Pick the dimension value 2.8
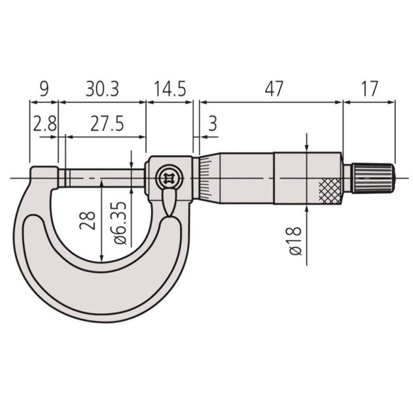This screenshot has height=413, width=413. click(45, 124)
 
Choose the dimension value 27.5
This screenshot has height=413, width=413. click(106, 124)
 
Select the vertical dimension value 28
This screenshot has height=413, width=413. click(89, 219)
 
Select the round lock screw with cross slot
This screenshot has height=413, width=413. click(168, 179)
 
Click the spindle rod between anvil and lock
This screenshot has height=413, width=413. click(103, 178)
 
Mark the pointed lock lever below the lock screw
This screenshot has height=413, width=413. click(168, 203)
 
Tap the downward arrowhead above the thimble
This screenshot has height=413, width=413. click(308, 147)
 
